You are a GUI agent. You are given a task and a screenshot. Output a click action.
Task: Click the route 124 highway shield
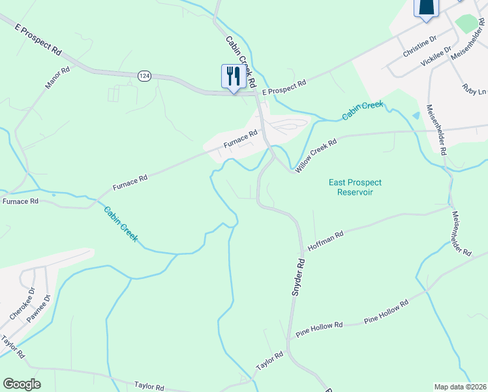(144, 76)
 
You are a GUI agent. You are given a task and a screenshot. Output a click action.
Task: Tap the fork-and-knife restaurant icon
(233, 76)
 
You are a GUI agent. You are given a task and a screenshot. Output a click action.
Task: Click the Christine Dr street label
(419, 48)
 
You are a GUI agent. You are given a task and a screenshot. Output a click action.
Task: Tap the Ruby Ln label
(474, 89)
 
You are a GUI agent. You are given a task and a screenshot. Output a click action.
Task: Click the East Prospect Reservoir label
(355, 188)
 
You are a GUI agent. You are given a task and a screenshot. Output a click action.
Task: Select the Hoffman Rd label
(325, 242)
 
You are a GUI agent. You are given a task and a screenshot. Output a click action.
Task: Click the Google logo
(22, 384)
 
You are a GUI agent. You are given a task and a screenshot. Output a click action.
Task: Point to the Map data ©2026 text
(460, 387)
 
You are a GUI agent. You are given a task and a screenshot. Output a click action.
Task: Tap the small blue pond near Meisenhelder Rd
(416, 116)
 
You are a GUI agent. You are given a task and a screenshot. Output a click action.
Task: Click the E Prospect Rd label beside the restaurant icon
(284, 88)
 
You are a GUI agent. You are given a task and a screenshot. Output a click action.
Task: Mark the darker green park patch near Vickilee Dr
(467, 23)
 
